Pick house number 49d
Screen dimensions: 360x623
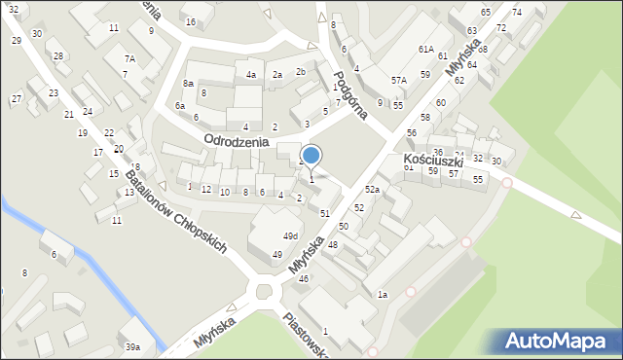click(x=290, y=236)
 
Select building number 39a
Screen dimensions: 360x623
click(x=132, y=347)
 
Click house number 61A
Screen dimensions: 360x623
click(x=425, y=49)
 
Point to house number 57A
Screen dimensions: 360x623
click(x=398, y=81)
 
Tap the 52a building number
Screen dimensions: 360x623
click(x=372, y=189)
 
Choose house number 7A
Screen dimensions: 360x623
click(x=128, y=58)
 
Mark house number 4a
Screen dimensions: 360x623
click(x=250, y=75)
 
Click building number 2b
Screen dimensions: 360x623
click(x=301, y=72)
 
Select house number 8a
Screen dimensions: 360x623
click(x=188, y=85)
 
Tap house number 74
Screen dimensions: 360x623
click(x=516, y=12)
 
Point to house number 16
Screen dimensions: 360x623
click(x=190, y=21)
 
